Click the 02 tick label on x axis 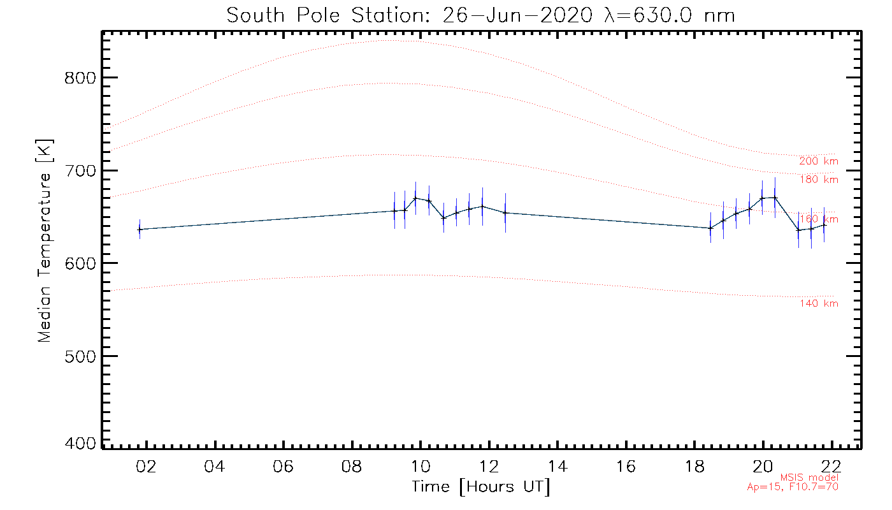[146, 466]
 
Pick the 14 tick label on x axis [558, 466]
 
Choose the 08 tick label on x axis [352, 466]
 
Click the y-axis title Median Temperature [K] [44, 241]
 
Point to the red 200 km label [819, 161]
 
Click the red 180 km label [819, 180]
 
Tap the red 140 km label [819, 303]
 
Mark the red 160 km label [819, 219]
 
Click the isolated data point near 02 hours [140, 229]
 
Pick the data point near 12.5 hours [505, 213]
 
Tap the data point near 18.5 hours [710, 228]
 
